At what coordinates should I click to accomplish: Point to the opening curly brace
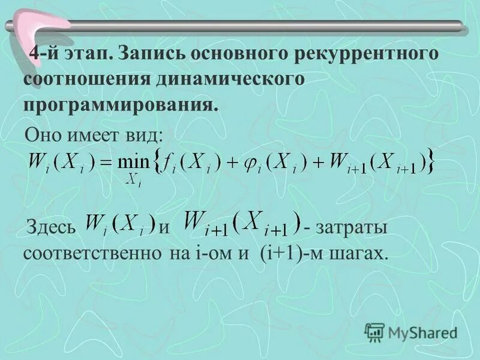click(158, 161)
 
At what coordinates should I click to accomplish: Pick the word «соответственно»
click(90, 253)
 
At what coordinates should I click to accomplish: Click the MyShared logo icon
click(375, 331)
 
